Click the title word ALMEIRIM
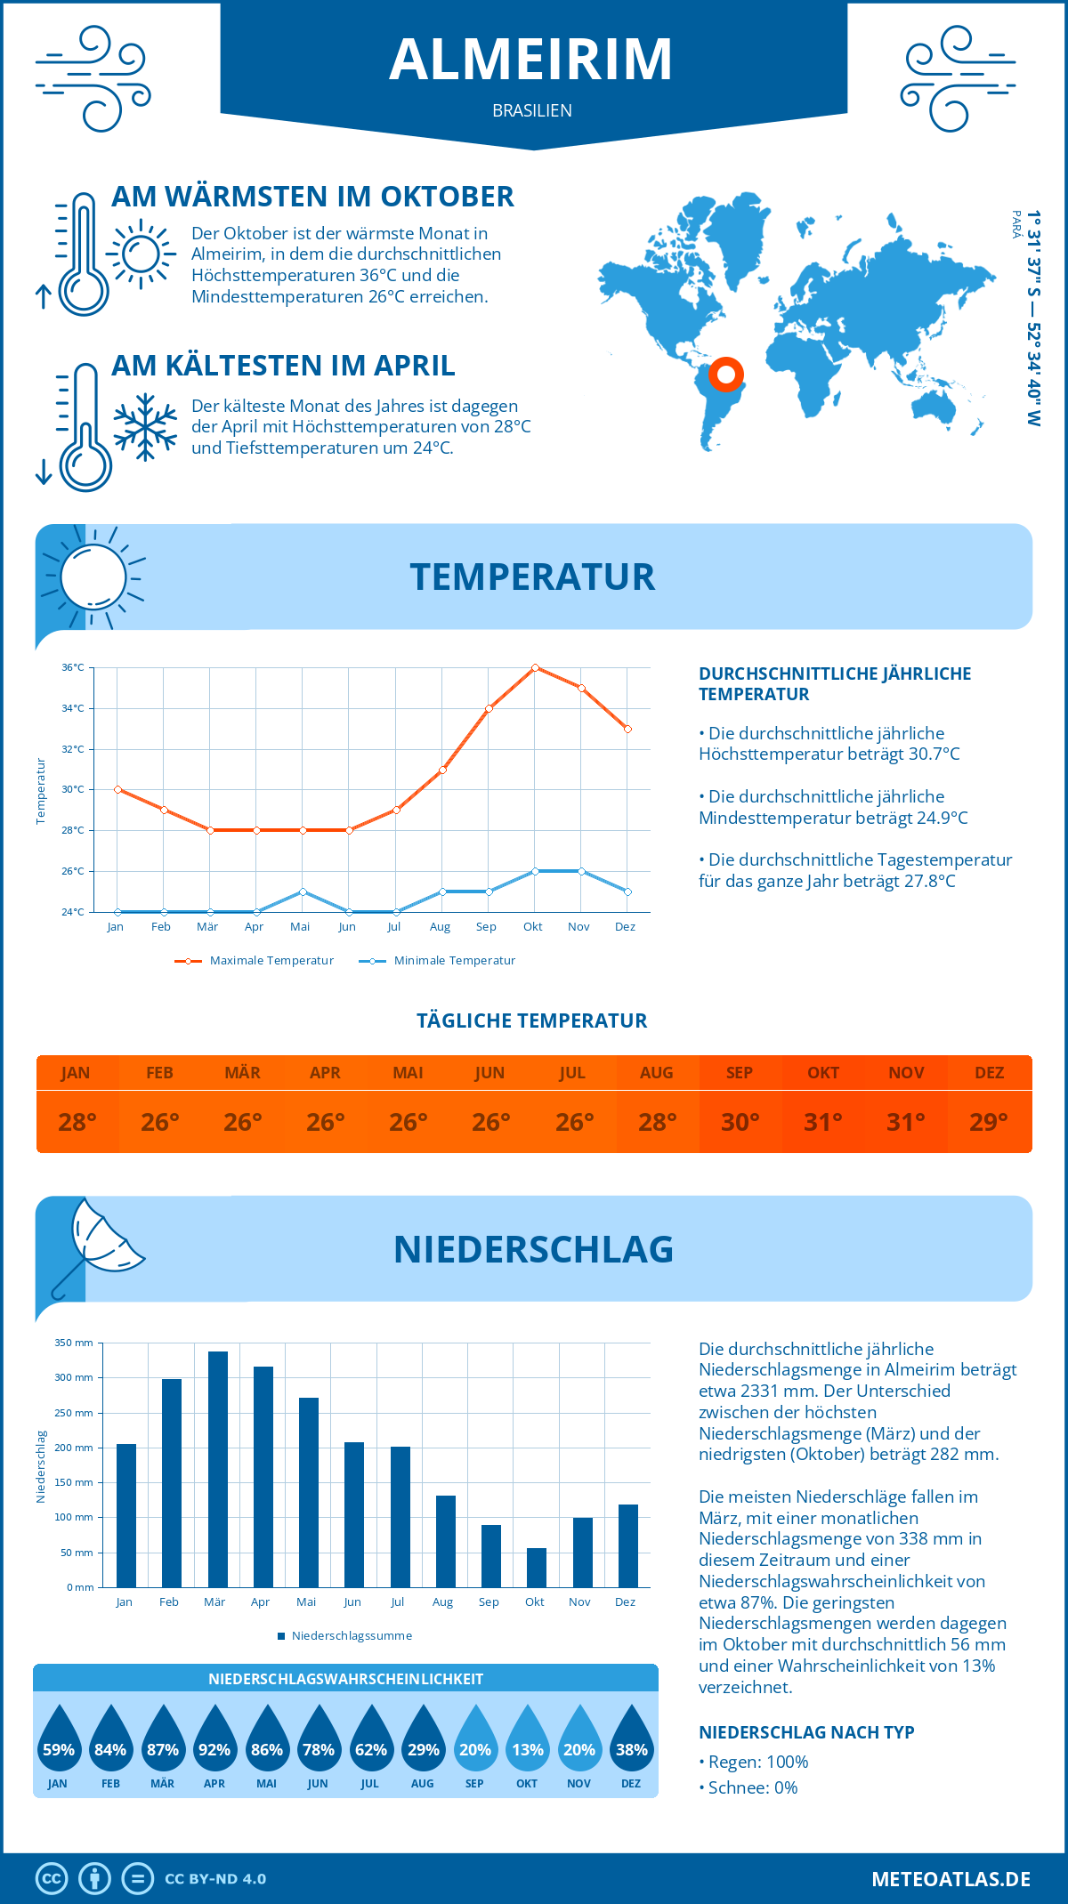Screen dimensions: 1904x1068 (x=531, y=60)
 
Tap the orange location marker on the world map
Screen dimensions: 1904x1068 (x=726, y=375)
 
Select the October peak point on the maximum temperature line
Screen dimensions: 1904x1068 (x=535, y=667)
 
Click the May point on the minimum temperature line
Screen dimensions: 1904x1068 (x=303, y=891)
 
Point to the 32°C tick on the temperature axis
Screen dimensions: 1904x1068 (x=73, y=749)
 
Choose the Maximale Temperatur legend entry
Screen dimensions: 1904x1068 (x=255, y=961)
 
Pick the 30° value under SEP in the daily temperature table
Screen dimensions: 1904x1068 (x=740, y=1122)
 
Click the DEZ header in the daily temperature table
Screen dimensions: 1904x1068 (x=989, y=1073)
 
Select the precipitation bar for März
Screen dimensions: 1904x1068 (x=217, y=1469)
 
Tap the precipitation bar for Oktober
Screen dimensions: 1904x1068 (x=536, y=1568)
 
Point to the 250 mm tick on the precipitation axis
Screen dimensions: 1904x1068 (x=74, y=1413)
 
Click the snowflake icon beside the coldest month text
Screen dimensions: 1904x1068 (x=145, y=427)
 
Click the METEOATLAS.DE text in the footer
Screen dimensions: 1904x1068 (x=951, y=1879)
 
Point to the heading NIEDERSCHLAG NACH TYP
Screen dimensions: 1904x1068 (x=806, y=1732)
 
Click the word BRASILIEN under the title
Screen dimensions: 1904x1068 (x=532, y=111)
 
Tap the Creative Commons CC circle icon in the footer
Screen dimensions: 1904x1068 (x=52, y=1879)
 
